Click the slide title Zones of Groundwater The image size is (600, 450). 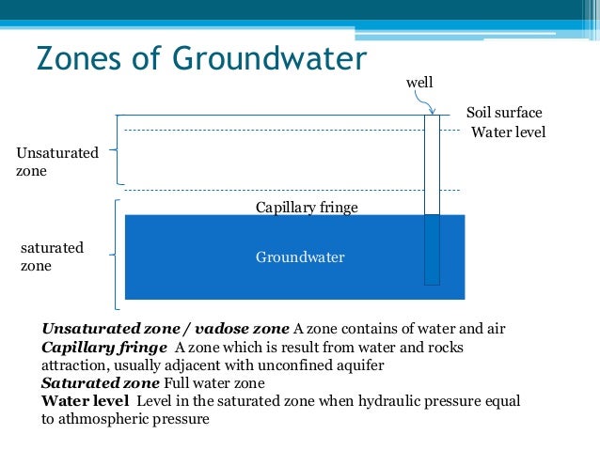coord(199,58)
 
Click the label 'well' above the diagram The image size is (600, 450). coord(418,84)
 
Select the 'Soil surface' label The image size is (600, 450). coord(504,113)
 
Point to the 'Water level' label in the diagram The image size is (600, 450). coord(508,132)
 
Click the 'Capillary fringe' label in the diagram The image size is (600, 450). coord(307,207)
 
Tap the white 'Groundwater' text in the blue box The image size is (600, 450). coord(300,256)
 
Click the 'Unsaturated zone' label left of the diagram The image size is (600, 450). coord(56,162)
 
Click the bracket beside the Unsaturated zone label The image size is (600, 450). coord(117,149)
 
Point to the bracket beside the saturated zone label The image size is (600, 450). coord(116,254)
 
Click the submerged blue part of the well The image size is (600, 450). coord(432,249)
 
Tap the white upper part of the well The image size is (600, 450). coord(432,164)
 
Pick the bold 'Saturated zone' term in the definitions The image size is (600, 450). coord(101,383)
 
